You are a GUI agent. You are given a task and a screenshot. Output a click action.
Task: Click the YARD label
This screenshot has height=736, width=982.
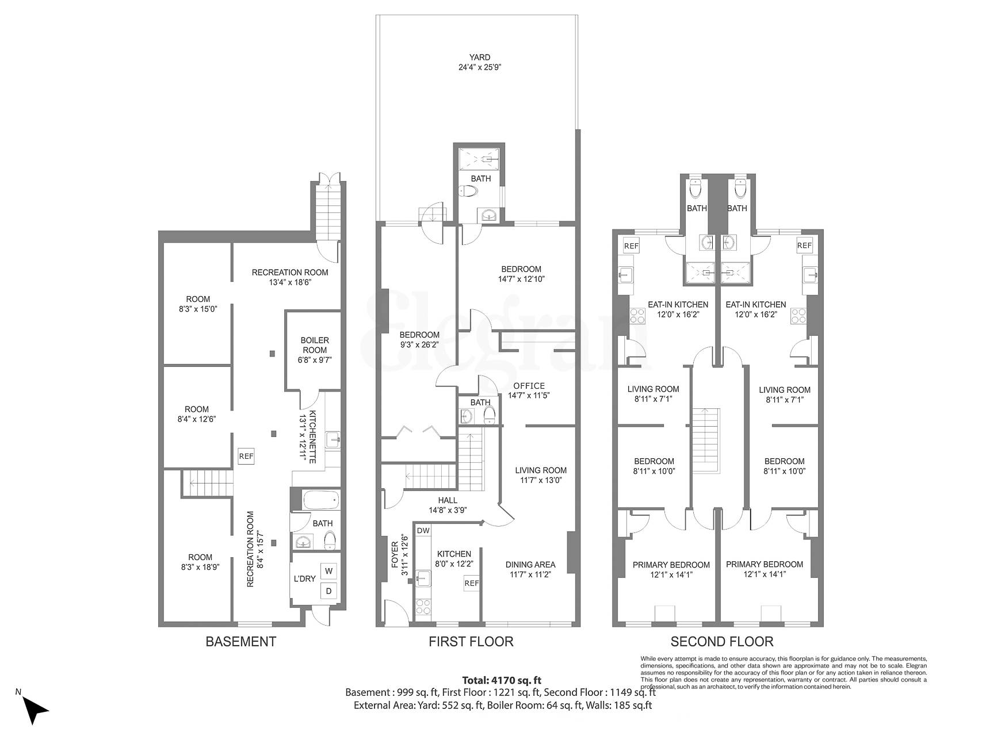pyautogui.click(x=479, y=57)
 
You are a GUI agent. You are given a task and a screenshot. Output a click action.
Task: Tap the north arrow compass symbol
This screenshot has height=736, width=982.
pyautogui.click(x=36, y=711)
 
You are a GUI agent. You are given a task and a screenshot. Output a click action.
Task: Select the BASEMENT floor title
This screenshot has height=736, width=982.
pyautogui.click(x=241, y=642)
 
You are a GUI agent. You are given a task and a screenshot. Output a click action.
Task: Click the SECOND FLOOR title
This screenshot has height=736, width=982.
pyautogui.click(x=722, y=642)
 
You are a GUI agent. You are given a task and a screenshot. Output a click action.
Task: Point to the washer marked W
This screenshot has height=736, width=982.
pyautogui.click(x=328, y=571)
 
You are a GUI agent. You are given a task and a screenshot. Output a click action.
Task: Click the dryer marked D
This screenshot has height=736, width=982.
pyautogui.click(x=328, y=591)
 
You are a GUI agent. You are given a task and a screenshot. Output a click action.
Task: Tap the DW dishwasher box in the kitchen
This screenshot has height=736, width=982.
pyautogui.click(x=423, y=530)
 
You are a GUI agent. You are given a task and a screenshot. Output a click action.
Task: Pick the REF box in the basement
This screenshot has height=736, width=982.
pyautogui.click(x=246, y=457)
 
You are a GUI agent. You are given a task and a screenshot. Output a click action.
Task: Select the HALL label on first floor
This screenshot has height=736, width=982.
pyautogui.click(x=448, y=500)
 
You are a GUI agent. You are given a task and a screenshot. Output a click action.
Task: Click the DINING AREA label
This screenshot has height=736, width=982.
pyautogui.click(x=530, y=564)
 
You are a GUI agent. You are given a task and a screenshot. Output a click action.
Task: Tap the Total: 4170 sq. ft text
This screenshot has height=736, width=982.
pyautogui.click(x=502, y=680)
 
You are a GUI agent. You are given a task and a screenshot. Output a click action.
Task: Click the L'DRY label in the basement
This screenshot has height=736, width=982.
pyautogui.click(x=304, y=578)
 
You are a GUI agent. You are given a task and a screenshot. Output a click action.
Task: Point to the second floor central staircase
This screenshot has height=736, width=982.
pyautogui.click(x=705, y=440)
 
